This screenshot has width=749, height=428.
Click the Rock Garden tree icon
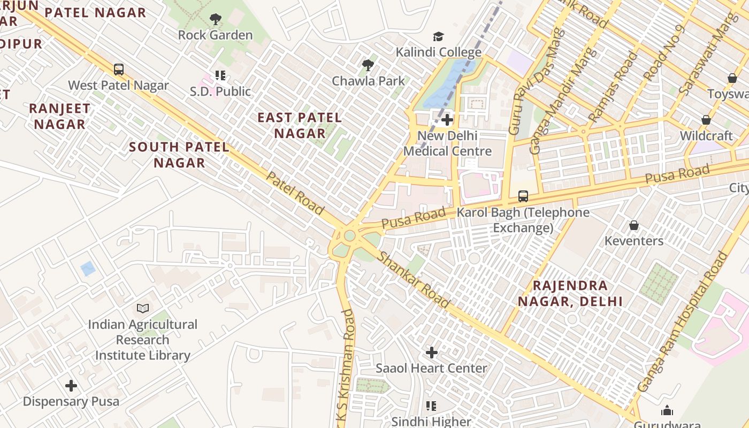(215, 20)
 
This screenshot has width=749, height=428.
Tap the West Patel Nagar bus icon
(119, 70)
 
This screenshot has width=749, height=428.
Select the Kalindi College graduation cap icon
(438, 37)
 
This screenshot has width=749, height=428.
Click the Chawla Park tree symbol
(368, 66)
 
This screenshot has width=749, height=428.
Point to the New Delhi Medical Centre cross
(447, 120)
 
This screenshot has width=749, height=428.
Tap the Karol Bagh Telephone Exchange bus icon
(523, 196)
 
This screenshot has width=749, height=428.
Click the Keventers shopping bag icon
(634, 225)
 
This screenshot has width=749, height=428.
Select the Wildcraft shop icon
(706, 120)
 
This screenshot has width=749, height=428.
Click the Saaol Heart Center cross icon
(431, 353)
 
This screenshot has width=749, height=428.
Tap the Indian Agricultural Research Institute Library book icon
(142, 309)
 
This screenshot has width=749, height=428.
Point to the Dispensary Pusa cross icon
(71, 386)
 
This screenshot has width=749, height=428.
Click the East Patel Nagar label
(300, 125)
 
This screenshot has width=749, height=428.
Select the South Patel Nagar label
(179, 155)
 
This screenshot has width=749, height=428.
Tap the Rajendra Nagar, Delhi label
(570, 293)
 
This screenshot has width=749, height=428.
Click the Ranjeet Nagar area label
(59, 116)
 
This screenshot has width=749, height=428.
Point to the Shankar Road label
(414, 280)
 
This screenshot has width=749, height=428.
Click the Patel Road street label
(295, 193)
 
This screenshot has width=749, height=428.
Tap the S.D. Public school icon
(220, 75)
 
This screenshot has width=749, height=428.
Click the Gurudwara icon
(667, 411)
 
